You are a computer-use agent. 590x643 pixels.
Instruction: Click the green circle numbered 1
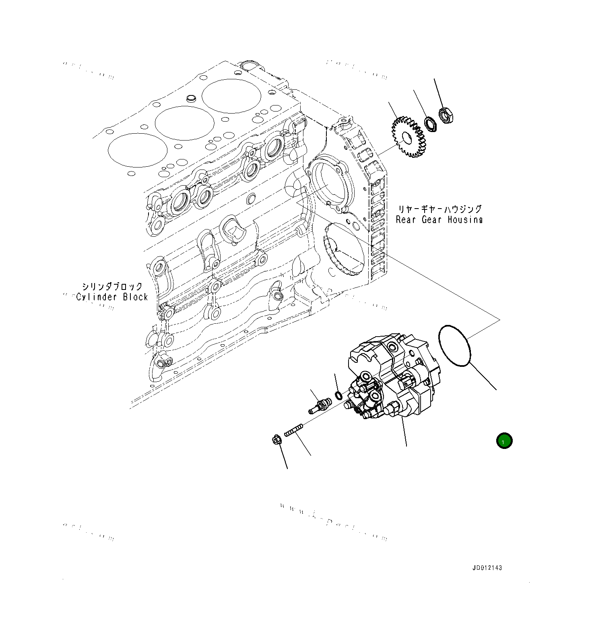(x=504, y=441)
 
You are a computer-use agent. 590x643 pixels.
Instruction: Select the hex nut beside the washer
(x=446, y=115)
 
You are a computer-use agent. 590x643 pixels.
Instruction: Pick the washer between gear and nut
(x=431, y=124)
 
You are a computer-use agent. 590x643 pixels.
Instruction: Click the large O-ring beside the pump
(x=454, y=345)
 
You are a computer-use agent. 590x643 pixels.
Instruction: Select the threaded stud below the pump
(x=293, y=430)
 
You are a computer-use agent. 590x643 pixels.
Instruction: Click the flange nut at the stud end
(x=276, y=439)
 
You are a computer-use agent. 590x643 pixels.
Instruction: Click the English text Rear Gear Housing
(x=439, y=220)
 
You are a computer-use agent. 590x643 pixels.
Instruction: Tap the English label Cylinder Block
(x=112, y=297)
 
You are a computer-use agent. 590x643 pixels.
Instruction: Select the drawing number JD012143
(x=487, y=568)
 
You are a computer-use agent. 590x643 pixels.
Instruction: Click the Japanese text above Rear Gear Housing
(x=439, y=209)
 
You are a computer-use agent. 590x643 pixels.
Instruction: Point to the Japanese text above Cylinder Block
(x=112, y=286)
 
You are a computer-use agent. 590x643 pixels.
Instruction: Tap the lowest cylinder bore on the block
(x=138, y=150)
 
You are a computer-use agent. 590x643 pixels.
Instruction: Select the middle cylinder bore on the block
(x=184, y=123)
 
